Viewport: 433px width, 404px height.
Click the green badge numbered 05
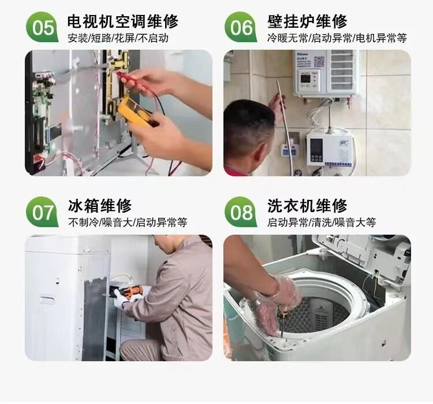(42, 27)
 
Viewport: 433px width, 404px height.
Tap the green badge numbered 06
(241, 27)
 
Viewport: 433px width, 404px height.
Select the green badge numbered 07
(42, 212)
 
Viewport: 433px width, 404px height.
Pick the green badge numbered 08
(241, 212)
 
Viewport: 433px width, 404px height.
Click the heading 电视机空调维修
(123, 21)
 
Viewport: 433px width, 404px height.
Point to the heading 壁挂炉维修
(307, 21)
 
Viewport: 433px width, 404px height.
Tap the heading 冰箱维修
(100, 206)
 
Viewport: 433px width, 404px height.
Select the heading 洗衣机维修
(307, 206)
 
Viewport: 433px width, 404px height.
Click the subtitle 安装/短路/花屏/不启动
(118, 38)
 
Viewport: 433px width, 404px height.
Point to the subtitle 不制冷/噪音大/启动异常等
(128, 223)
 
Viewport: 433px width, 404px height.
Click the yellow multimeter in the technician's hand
(137, 110)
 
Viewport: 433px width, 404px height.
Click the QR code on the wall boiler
(319, 61)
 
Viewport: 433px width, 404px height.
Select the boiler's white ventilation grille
(342, 70)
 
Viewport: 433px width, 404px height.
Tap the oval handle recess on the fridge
(47, 300)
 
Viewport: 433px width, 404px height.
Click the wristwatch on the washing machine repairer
(257, 303)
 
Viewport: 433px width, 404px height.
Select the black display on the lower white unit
(316, 150)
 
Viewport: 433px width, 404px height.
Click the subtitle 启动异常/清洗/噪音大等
(322, 223)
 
